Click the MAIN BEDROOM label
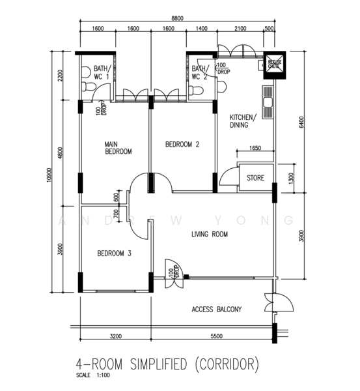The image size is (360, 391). (x=118, y=147)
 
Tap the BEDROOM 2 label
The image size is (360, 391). (x=182, y=144)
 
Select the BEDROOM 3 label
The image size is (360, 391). (x=115, y=253)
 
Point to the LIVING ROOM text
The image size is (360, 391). (x=209, y=233)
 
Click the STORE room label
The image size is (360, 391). (x=255, y=177)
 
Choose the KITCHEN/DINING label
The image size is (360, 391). (x=243, y=121)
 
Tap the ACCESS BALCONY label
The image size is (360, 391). (x=217, y=309)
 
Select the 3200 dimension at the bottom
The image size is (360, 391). (x=115, y=336)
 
